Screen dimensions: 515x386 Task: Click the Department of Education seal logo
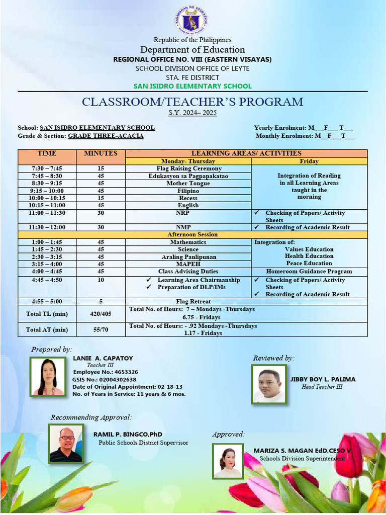(192, 20)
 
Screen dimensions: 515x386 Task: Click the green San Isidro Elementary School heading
(192, 86)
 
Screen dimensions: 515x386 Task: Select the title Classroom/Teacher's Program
(192, 102)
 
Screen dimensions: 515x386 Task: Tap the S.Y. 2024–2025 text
(192, 113)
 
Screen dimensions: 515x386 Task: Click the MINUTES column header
(101, 153)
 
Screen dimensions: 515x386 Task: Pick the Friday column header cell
(309, 161)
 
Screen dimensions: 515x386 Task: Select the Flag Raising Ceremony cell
(188, 168)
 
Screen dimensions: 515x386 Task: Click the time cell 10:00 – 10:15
(47, 198)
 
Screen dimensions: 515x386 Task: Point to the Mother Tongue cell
(188, 184)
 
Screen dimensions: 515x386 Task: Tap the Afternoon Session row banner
(192, 235)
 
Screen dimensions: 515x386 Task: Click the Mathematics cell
(188, 242)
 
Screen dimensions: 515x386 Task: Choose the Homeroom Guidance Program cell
(309, 272)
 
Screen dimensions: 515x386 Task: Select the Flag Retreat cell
(188, 302)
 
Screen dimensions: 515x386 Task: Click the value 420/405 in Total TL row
(101, 314)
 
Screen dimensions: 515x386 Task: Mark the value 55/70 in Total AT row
(101, 330)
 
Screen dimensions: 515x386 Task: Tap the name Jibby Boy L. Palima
(323, 379)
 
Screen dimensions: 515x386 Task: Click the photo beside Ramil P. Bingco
(66, 443)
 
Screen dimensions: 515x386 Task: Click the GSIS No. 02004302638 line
(105, 380)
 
